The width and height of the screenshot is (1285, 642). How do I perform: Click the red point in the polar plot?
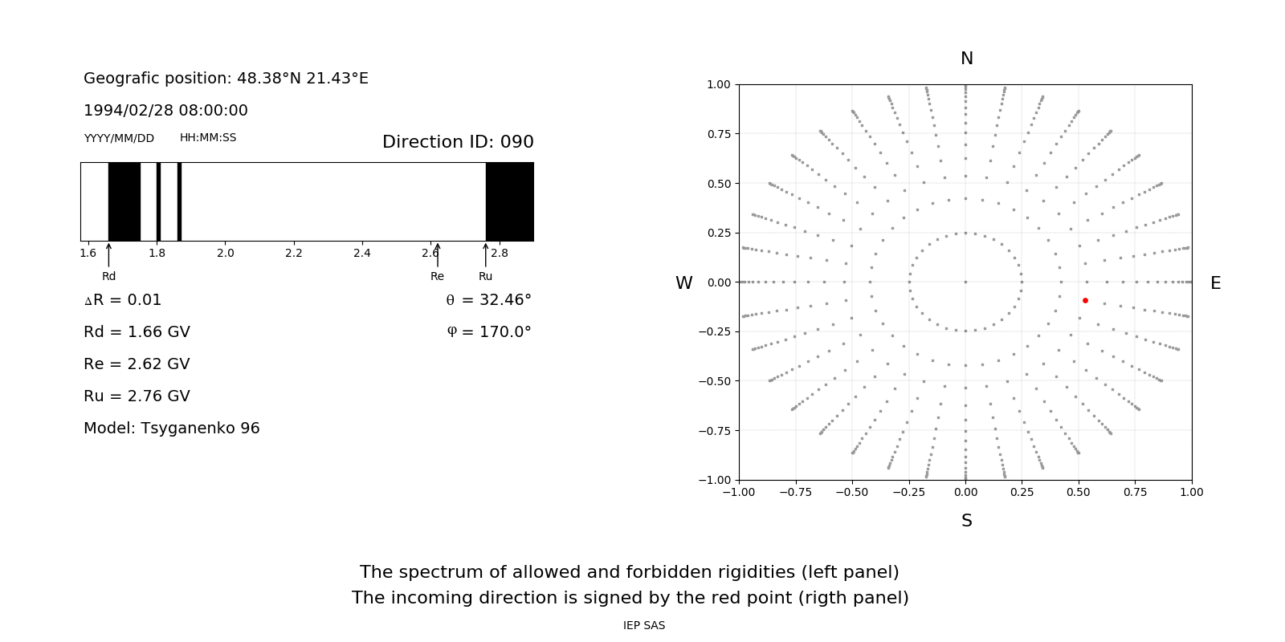point(1085,300)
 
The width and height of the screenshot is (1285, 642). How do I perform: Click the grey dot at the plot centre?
point(965,282)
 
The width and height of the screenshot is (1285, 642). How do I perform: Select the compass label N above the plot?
point(967,59)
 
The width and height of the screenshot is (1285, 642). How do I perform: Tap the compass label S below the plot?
point(967,521)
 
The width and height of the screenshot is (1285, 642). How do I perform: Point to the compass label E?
point(1215,283)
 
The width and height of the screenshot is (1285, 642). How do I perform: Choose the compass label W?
point(684,283)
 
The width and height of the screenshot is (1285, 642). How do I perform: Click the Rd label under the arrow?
point(108,276)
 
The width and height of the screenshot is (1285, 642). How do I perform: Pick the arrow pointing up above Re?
point(437,254)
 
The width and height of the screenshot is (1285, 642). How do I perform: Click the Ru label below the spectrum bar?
point(485,276)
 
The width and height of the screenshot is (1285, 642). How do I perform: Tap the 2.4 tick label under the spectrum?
point(362,253)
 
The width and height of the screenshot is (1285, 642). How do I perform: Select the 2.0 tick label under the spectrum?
point(225,253)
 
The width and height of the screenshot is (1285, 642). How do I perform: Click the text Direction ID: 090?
point(458,142)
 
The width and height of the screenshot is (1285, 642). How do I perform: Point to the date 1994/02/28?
point(125,111)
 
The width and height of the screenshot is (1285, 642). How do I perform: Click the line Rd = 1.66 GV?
point(137,332)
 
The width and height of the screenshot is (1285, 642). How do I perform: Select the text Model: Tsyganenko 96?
point(172,429)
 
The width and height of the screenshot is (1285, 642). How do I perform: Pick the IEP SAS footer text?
point(644,625)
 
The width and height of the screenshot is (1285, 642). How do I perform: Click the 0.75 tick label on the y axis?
point(718,134)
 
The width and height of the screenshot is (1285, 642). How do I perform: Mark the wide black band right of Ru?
point(510,201)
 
